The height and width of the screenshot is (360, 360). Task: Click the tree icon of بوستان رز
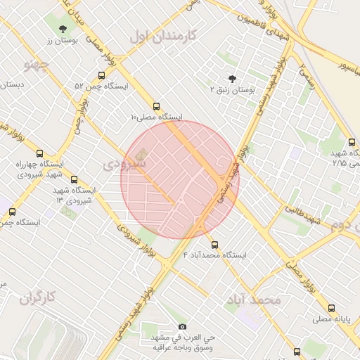pyautogui.click(x=64, y=29)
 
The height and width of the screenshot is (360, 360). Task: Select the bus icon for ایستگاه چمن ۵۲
pyautogui.click(x=102, y=75)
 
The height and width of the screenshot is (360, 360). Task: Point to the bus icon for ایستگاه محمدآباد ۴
pyautogui.click(x=214, y=244)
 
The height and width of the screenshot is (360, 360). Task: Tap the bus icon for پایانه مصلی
pyautogui.click(x=331, y=308)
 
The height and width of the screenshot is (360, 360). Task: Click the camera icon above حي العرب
pyautogui.click(x=183, y=326)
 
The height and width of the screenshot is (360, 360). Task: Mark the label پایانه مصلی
pyautogui.click(x=331, y=319)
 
